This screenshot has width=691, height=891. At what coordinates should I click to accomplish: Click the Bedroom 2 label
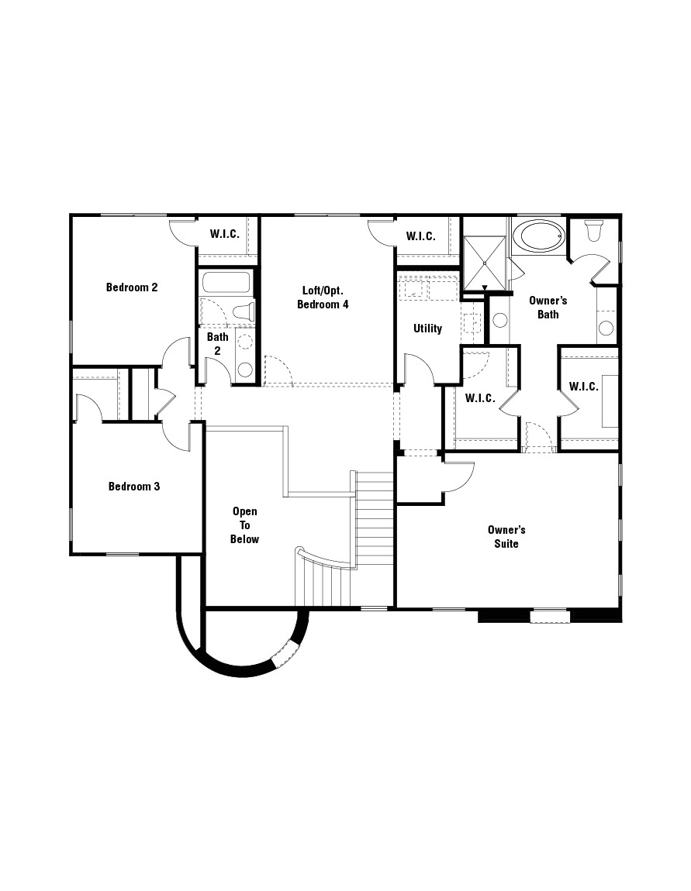pyautogui.click(x=132, y=287)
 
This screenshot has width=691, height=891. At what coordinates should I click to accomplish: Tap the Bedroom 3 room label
pyautogui.click(x=133, y=487)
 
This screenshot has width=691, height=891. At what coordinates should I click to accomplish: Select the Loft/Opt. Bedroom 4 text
pyautogui.click(x=323, y=298)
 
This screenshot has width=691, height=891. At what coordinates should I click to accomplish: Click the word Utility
pyautogui.click(x=427, y=329)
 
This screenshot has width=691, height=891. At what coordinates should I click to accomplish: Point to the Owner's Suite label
pyautogui.click(x=506, y=537)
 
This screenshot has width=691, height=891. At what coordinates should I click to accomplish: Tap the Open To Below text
pyautogui.click(x=244, y=525)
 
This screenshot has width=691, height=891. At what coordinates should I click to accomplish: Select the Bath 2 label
pyautogui.click(x=217, y=343)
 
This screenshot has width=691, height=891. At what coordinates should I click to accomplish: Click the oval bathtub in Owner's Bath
pyautogui.click(x=539, y=236)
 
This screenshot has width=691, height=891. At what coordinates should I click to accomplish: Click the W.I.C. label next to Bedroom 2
pyautogui.click(x=224, y=234)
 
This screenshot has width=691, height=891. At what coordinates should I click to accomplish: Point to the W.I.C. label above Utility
pyautogui.click(x=420, y=236)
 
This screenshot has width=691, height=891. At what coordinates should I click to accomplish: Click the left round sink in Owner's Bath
pyautogui.click(x=499, y=319)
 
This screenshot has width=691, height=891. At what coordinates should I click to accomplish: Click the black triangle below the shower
pyautogui.click(x=485, y=289)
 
